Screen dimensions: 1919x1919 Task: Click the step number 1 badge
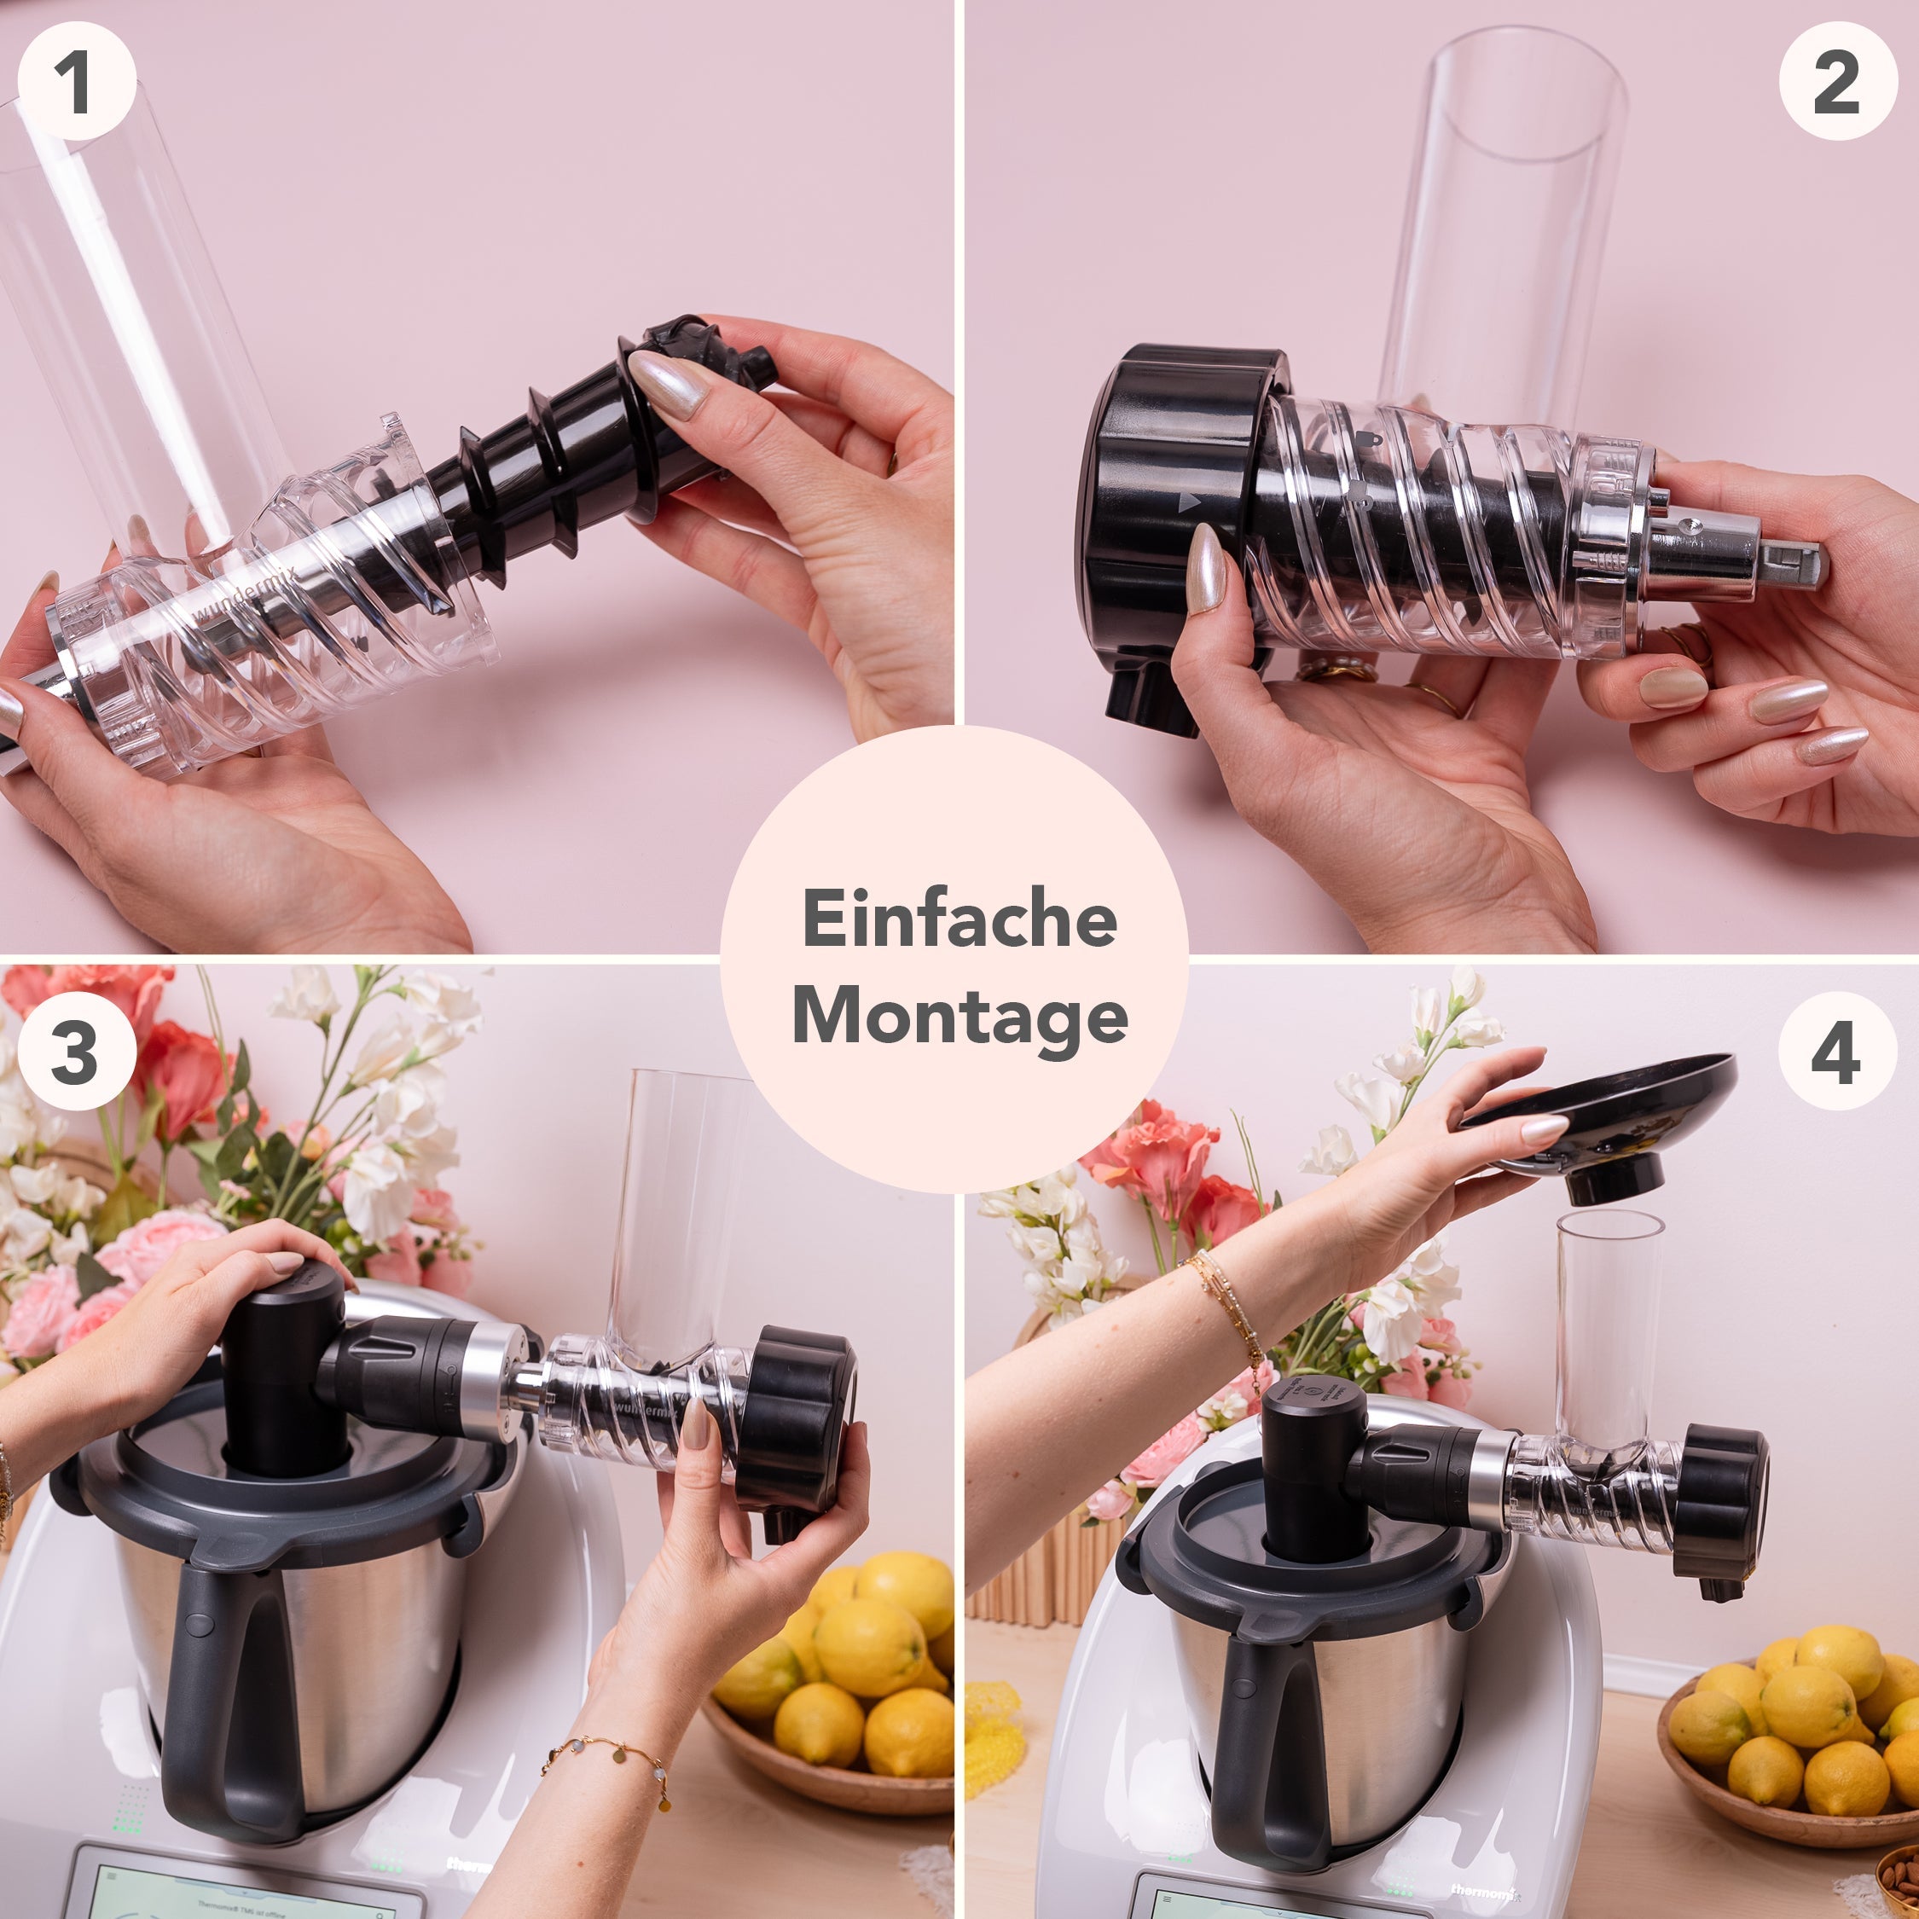(77, 81)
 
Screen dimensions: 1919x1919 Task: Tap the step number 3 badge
(77, 1051)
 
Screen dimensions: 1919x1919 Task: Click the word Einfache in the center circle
(959, 919)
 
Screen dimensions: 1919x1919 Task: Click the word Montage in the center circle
(959, 1018)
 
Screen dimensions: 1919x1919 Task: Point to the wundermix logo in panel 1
(243, 596)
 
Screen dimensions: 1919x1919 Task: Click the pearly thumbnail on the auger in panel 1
(668, 381)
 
